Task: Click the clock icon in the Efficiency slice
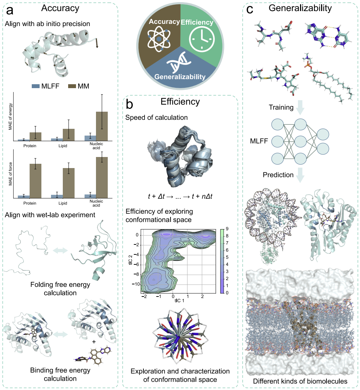point(202,39)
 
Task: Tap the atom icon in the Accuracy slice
point(159,39)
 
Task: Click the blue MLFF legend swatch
point(36,86)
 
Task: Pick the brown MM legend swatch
point(72,86)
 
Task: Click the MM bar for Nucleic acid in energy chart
point(102,126)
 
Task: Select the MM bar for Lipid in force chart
point(69,183)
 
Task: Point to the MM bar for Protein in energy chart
point(36,137)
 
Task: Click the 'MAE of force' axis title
point(10,174)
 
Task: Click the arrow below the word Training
point(300,107)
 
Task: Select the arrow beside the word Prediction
point(300,175)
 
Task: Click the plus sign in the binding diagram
point(93,342)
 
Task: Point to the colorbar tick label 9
point(227,229)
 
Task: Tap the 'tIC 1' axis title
point(179,301)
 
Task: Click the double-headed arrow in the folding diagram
point(60,250)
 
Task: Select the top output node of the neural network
point(323,135)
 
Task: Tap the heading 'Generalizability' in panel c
point(300,8)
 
